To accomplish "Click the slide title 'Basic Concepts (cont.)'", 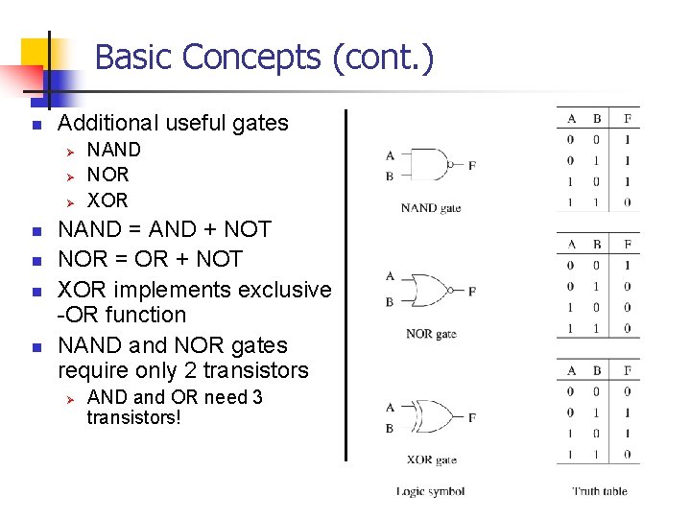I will pos(264,58).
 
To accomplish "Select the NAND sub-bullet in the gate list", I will pos(113,150).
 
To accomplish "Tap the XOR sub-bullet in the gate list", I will pos(107,200).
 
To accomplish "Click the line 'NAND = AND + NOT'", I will pos(165,229).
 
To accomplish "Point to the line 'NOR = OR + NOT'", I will pos(151,259).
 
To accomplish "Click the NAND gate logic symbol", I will pos(430,165).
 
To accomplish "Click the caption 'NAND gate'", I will pos(431,207).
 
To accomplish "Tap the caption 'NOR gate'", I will pos(431,334).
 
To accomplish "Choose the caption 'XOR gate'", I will pos(431,460).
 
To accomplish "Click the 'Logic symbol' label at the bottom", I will pos(431,492).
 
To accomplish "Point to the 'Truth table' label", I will pos(600,492).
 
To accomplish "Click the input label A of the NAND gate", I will pos(390,155).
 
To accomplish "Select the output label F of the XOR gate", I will pos(471,418).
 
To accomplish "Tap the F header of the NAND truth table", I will pos(627,119).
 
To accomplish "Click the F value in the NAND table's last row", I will pos(627,202).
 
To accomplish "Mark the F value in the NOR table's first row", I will pos(627,266).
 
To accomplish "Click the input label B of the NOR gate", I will pos(390,302).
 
